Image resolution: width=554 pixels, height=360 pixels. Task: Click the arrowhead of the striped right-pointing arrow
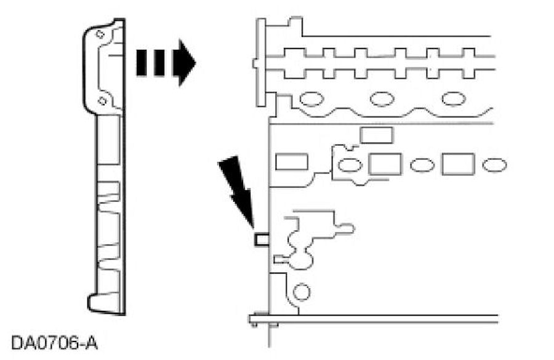tap(185, 62)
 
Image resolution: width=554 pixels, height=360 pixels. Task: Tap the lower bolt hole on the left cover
tap(102, 100)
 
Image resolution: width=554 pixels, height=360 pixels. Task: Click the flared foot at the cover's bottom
tap(105, 302)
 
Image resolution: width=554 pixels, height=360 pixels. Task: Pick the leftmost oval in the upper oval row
tap(311, 99)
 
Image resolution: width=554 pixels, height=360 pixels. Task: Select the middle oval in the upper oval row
tap(382, 98)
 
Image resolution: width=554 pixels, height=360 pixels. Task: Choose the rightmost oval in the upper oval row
tap(454, 98)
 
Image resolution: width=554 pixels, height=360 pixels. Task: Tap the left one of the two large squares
tap(385, 164)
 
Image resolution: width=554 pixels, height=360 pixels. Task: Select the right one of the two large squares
tap(457, 164)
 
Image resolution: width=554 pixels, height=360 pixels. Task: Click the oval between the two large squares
tap(422, 165)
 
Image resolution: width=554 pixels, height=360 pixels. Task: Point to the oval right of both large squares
tap(494, 165)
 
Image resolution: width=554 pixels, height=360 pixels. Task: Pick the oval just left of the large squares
tap(350, 165)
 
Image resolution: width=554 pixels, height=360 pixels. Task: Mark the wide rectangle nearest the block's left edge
tap(291, 162)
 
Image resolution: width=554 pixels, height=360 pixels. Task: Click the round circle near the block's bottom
tap(301, 291)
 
